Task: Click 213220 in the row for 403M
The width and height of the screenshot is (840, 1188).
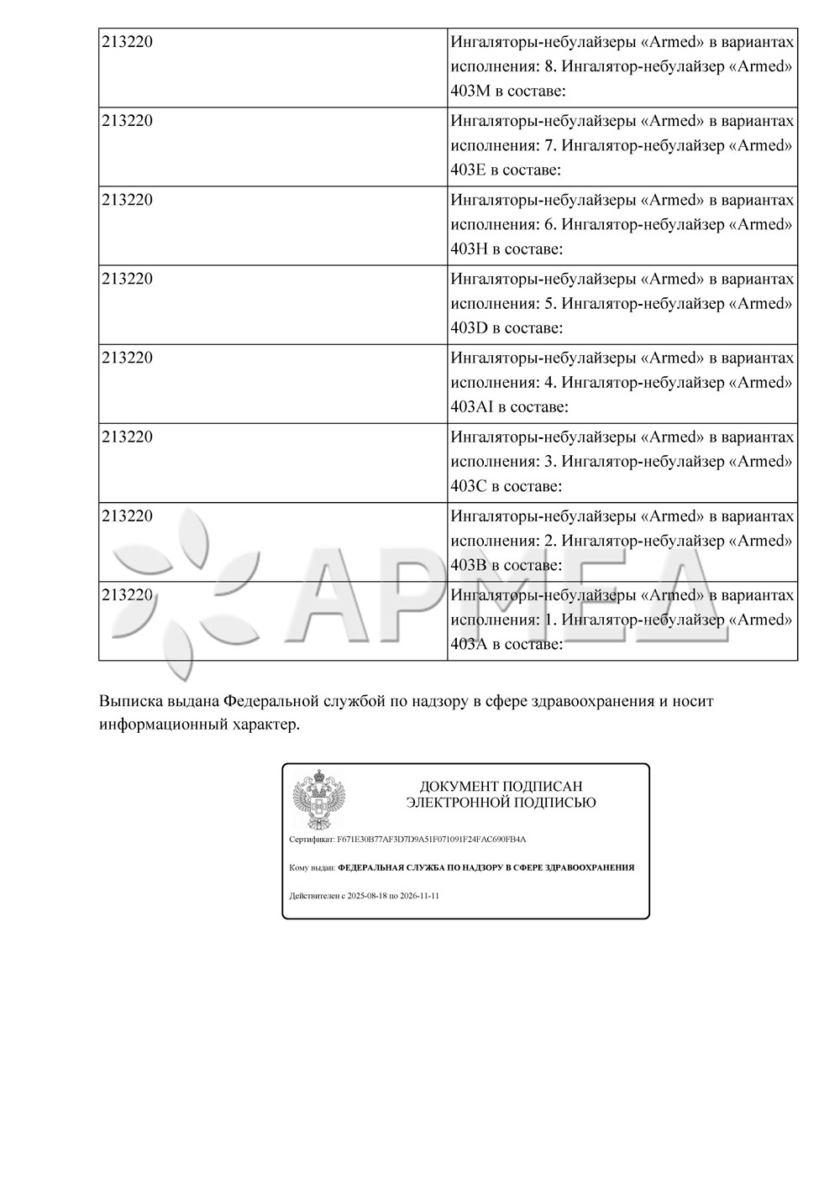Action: [x=127, y=41]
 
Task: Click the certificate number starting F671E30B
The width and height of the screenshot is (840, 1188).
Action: [x=431, y=839]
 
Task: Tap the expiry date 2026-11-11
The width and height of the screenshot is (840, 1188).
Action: [x=419, y=896]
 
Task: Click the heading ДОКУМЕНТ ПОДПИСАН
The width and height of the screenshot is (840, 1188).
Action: [x=501, y=787]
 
